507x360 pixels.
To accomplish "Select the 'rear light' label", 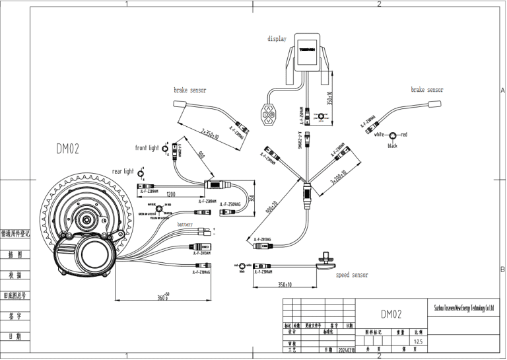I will tap(122, 171).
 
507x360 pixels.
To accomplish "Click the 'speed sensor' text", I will tap(352, 275).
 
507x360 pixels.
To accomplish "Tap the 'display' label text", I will tap(277, 38).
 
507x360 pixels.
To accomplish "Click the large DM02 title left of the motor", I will tap(67, 149).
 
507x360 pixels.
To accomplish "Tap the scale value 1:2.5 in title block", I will tap(417, 342).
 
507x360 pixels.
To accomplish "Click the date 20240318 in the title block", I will tap(347, 350).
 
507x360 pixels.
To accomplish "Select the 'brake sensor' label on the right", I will tap(426, 89).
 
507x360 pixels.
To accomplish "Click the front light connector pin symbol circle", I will tap(164, 149).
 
